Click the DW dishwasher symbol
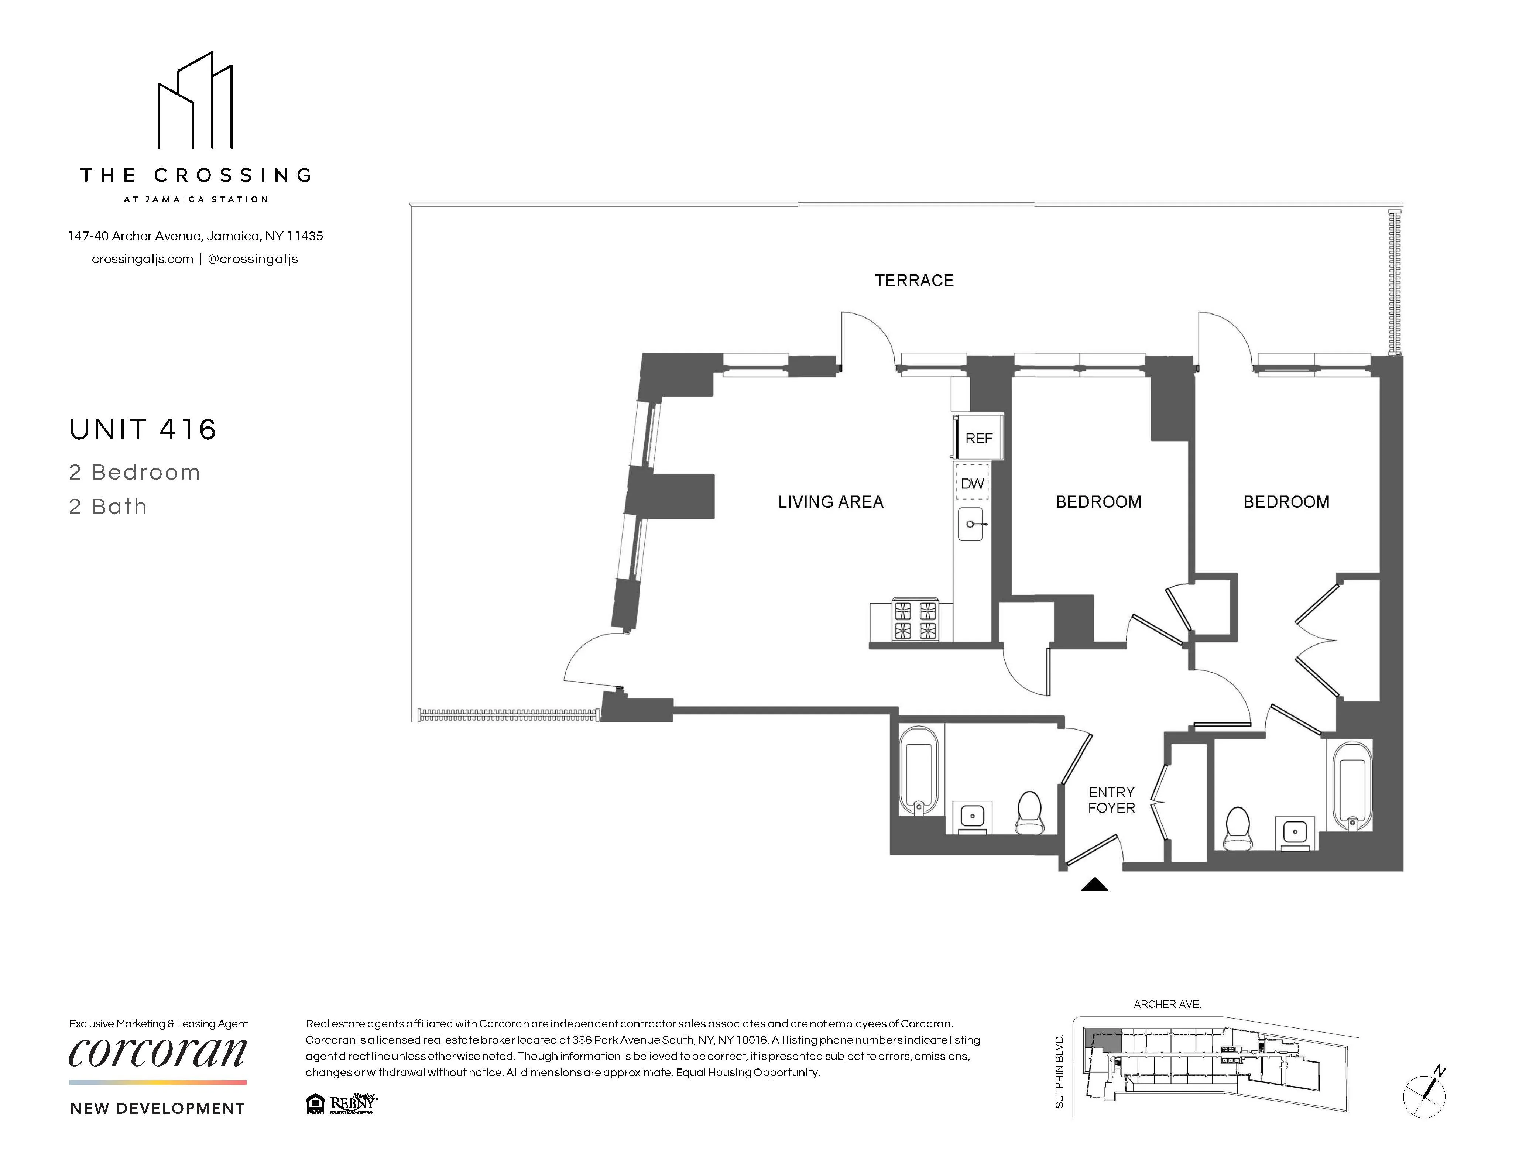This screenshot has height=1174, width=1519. (972, 483)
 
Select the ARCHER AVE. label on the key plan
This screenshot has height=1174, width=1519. (1167, 1004)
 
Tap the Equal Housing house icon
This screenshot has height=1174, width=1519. (315, 1103)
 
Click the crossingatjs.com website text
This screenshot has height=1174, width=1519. (143, 259)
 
